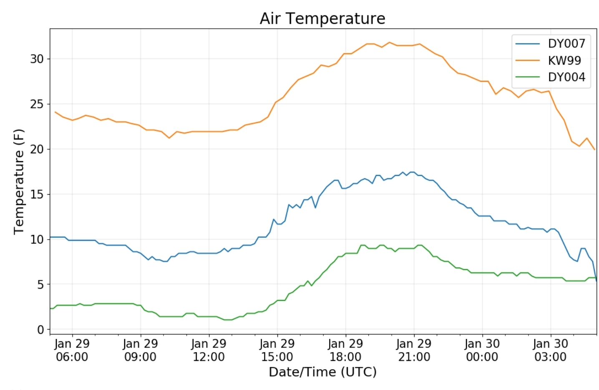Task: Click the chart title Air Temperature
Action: (322, 19)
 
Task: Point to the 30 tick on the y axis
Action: (37, 59)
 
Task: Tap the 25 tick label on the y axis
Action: (37, 104)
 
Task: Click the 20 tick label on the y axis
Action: (37, 149)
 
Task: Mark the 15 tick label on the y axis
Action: (37, 194)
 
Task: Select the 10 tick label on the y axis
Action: (37, 239)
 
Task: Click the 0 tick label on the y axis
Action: (40, 330)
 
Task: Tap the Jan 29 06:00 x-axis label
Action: (72, 350)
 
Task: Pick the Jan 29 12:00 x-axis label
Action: (209, 350)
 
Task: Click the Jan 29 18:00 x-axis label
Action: (345, 350)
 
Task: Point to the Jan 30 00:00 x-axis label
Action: (482, 350)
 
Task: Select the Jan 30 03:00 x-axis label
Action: (550, 350)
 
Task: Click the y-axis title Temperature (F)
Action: (19, 182)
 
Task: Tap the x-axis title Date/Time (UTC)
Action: (322, 372)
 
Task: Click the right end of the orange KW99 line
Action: (594, 149)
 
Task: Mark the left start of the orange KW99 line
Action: (55, 112)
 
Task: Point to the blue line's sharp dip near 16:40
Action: (315, 207)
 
